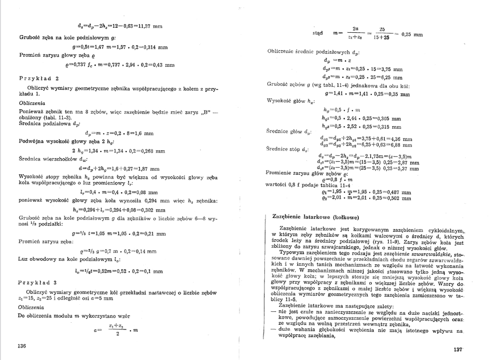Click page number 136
[22, 346]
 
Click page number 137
[458, 350]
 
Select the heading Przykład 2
[39, 78]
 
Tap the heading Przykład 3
[39, 282]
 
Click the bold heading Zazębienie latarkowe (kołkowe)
[316, 216]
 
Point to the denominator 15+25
[382, 38]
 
